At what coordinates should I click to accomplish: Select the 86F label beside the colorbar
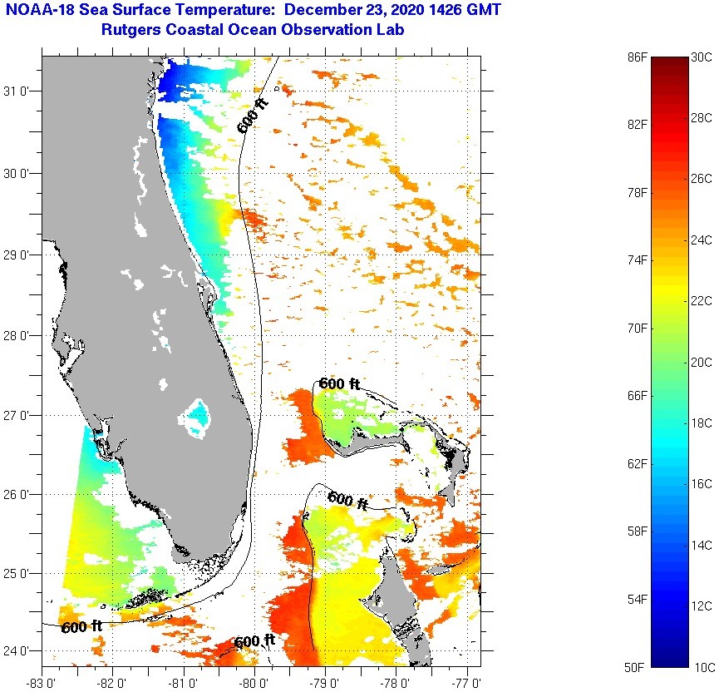pos(637,57)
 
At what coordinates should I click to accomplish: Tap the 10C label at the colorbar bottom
pos(704,667)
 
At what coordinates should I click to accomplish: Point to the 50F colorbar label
pos(637,667)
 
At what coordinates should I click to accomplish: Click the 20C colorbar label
pos(702,363)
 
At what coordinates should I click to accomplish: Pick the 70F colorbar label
pos(637,329)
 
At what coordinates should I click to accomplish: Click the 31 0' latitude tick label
pos(19,91)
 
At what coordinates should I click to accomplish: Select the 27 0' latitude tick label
pos(19,415)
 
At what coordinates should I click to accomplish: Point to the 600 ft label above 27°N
pos(340,383)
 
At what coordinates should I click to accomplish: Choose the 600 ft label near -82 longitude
pos(81,625)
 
